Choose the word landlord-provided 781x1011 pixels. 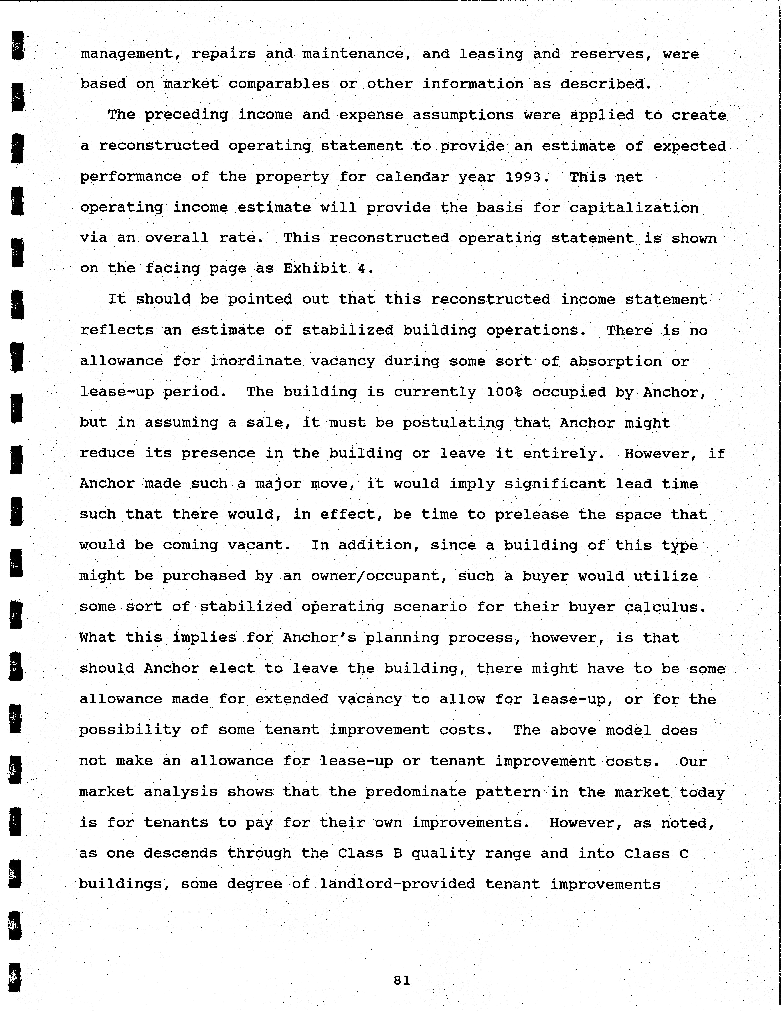point(397,884)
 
